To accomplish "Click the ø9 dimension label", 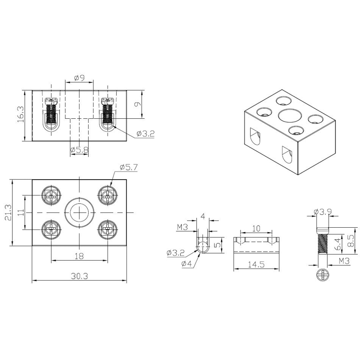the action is [x=80, y=78].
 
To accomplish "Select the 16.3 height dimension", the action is [x=20, y=114].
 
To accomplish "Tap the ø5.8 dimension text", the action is [x=79, y=150].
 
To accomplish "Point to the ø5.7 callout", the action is [x=129, y=167].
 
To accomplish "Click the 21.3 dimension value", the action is [x=8, y=212].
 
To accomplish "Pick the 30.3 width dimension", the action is [x=79, y=276].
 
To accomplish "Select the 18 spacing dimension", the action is [x=79, y=256].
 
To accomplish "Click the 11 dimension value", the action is [x=21, y=212].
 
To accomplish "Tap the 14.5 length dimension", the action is [x=256, y=265].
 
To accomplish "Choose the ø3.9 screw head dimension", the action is [x=323, y=211].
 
